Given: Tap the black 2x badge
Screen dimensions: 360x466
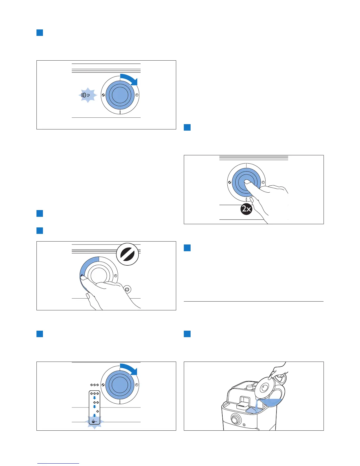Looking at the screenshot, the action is pyautogui.click(x=246, y=209).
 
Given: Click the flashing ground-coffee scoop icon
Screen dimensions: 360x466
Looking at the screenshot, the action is pyautogui.click(x=94, y=422).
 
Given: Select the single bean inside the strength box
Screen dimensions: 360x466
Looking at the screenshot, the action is pyautogui.click(x=97, y=411).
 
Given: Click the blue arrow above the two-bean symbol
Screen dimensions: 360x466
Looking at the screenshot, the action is pyautogui.click(x=94, y=398).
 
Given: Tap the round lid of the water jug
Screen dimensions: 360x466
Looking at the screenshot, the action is pyautogui.click(x=266, y=389).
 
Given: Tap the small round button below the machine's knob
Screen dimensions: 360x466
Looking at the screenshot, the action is pyautogui.click(x=244, y=424).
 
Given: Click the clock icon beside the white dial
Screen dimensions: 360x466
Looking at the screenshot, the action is pyautogui.click(x=115, y=276).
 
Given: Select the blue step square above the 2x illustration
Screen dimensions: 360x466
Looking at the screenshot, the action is pyautogui.click(x=187, y=127).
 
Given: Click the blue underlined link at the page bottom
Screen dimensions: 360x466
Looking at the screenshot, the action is pyautogui.click(x=58, y=463).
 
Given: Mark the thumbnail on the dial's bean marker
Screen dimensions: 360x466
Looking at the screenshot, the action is pyautogui.click(x=84, y=277).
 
